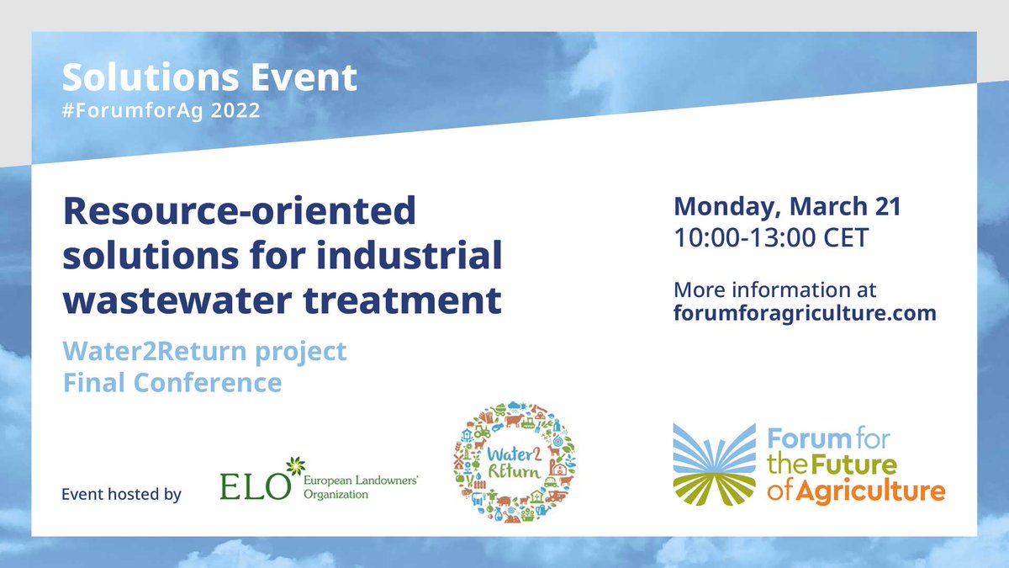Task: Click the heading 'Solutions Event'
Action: click(x=209, y=78)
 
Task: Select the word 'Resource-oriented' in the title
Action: click(x=240, y=211)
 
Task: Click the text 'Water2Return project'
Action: click(x=204, y=351)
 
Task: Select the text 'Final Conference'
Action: click(x=172, y=382)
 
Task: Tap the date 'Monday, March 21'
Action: click(x=787, y=207)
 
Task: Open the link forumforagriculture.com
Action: click(x=805, y=313)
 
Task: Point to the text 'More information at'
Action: click(x=774, y=289)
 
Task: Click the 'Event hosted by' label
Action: click(x=121, y=495)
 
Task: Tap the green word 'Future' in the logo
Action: click(x=853, y=464)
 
